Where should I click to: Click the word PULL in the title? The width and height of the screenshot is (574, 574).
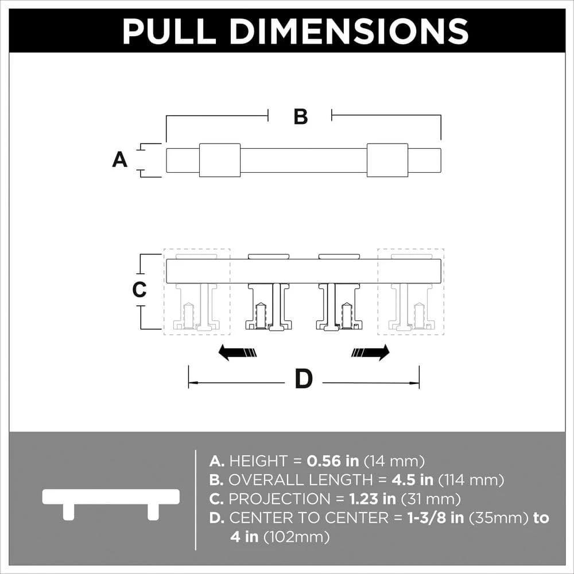[x=169, y=32]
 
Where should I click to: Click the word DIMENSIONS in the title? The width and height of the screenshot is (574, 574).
[x=349, y=32]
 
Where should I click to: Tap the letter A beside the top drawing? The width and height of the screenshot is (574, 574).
[x=120, y=160]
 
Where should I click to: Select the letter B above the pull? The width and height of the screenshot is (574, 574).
[x=301, y=117]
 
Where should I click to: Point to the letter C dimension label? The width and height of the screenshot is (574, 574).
[x=139, y=289]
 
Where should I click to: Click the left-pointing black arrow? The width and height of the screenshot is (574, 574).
[x=237, y=352]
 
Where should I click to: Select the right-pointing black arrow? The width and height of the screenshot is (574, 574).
[x=370, y=352]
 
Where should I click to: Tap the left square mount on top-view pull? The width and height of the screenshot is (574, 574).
[x=220, y=160]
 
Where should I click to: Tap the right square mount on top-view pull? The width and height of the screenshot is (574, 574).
[x=387, y=160]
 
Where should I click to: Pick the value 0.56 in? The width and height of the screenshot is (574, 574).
[x=332, y=461]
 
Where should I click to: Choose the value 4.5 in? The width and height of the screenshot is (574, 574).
[x=412, y=479]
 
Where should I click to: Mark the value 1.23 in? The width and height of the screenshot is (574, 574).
[x=373, y=499]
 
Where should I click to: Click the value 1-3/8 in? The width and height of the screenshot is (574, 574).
[x=436, y=518]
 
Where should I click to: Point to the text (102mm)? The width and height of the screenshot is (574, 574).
[x=296, y=537]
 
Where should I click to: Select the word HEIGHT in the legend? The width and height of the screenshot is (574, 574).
[x=258, y=461]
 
